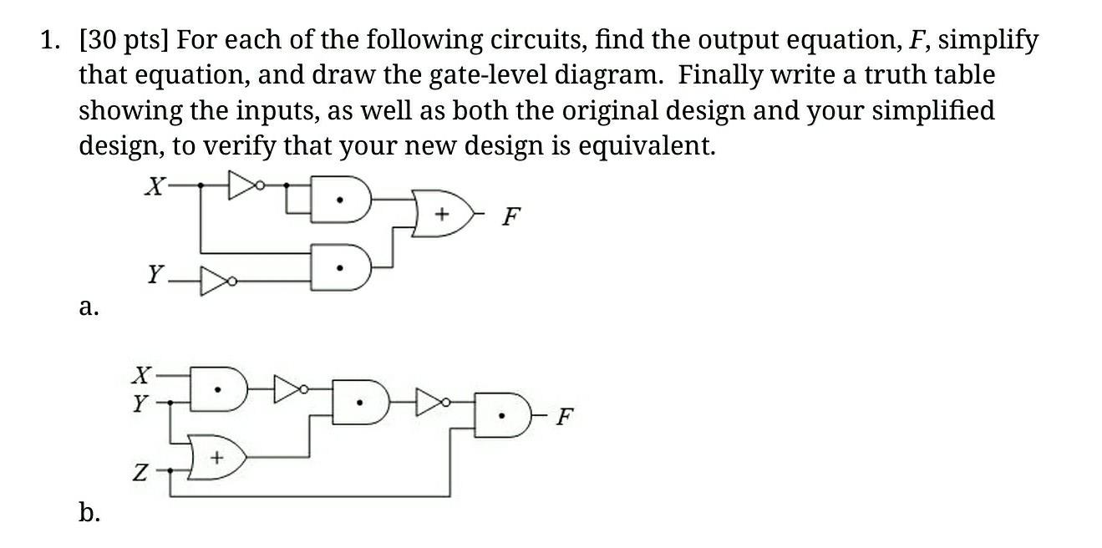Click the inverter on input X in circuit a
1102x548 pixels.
click(244, 185)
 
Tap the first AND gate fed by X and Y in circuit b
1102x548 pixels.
click(219, 389)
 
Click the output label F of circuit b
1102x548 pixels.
click(566, 416)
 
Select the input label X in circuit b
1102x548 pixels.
click(144, 373)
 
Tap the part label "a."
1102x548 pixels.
click(89, 307)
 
